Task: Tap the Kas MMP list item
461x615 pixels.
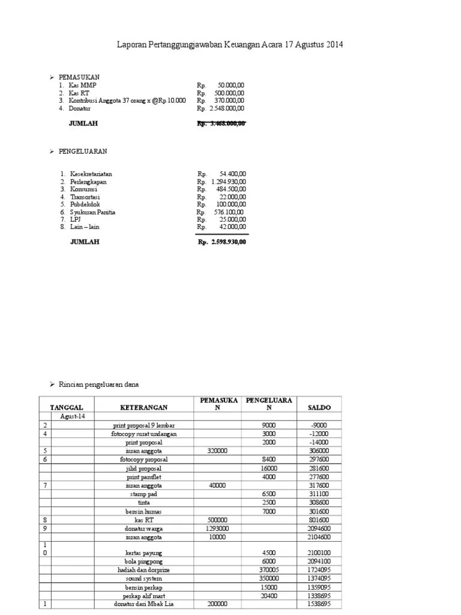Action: pyautogui.click(x=83, y=85)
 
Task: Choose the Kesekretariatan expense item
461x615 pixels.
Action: pyautogui.click(x=91, y=174)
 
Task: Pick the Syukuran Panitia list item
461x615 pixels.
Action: pyautogui.click(x=93, y=212)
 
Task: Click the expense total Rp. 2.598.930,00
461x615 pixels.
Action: pyautogui.click(x=221, y=242)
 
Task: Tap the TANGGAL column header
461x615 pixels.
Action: pyautogui.click(x=65, y=407)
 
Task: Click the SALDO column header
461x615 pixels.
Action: pyautogui.click(x=319, y=407)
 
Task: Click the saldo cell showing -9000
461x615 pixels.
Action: pyautogui.click(x=319, y=425)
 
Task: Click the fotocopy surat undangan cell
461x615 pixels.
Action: pyautogui.click(x=144, y=433)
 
